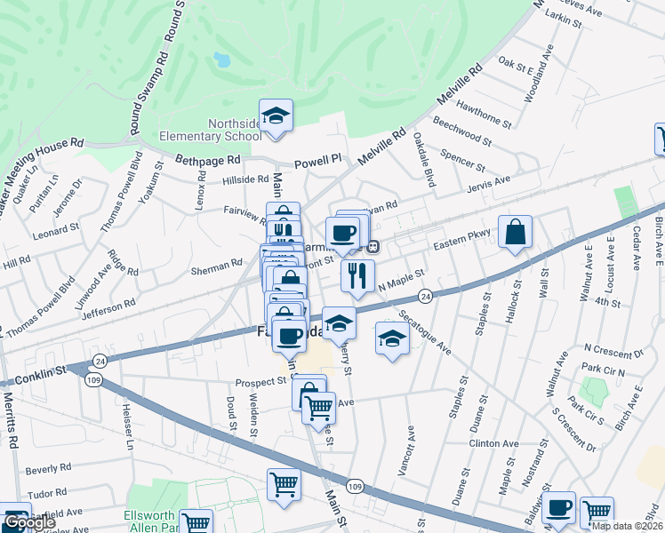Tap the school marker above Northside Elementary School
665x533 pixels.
(276, 115)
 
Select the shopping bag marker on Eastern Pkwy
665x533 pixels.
(515, 233)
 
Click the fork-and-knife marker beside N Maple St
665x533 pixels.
(357, 276)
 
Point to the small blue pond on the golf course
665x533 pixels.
(220, 60)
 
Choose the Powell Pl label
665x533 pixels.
(319, 162)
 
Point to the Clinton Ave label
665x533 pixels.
(495, 443)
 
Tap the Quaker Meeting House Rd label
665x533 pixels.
(40, 165)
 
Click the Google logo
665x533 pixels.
(29, 522)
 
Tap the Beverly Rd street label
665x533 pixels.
(48, 467)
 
